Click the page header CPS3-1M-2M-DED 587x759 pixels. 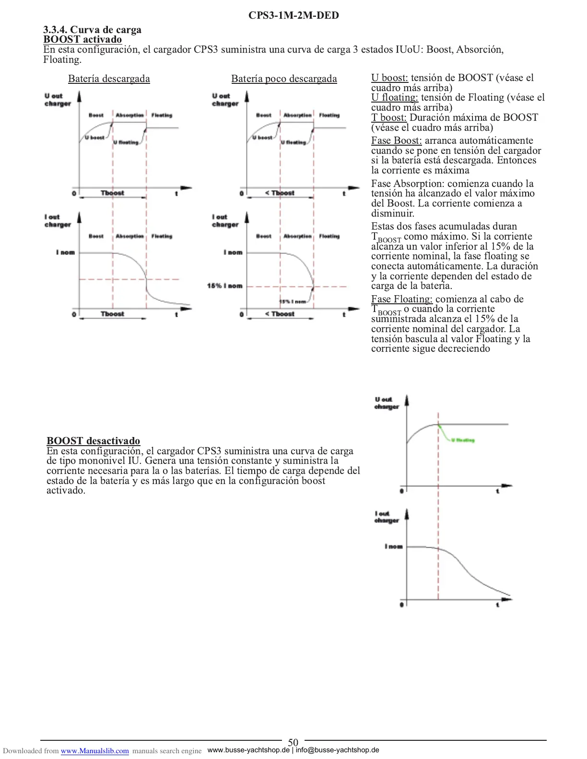293,15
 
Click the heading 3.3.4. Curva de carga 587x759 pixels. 92,30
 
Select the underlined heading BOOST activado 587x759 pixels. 82,39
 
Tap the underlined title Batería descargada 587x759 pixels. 109,79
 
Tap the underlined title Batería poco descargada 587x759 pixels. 284,79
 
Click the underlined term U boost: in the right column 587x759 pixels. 389,78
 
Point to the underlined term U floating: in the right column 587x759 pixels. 394,97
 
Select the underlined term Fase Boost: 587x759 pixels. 396,140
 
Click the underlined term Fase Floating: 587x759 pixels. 401,299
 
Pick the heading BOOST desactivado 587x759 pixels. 94,441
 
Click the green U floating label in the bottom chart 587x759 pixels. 463,440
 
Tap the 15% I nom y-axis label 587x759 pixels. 224,286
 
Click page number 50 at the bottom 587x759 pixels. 293,743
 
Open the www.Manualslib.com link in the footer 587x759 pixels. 94,751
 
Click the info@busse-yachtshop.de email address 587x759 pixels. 337,750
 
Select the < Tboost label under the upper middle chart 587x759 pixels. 280,193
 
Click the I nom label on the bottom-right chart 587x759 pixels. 393,546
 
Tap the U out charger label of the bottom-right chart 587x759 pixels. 387,403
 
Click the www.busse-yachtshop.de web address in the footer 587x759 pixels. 248,750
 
